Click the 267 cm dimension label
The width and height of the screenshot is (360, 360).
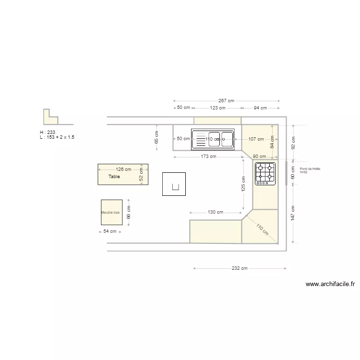tap(226, 101)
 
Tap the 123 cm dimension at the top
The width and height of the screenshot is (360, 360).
tap(217, 108)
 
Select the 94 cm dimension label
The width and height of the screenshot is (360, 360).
tap(260, 108)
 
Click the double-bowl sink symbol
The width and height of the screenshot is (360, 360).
tap(213, 139)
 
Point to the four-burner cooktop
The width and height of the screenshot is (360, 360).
tap(265, 173)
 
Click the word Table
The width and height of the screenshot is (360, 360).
tap(114, 177)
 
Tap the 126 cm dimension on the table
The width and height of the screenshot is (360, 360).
tap(123, 169)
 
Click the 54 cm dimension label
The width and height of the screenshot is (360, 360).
tap(110, 231)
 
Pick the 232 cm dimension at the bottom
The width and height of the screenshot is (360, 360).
tap(239, 268)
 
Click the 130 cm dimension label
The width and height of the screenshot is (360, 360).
tap(215, 212)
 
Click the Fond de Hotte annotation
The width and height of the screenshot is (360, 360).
tap(310, 170)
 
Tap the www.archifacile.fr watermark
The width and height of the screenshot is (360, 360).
tap(330, 284)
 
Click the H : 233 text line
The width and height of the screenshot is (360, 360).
tap(48, 132)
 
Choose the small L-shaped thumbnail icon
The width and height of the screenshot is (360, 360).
tap(50, 118)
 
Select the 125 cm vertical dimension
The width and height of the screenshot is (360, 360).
tap(243, 184)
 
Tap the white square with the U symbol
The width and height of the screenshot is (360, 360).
tap(174, 184)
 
